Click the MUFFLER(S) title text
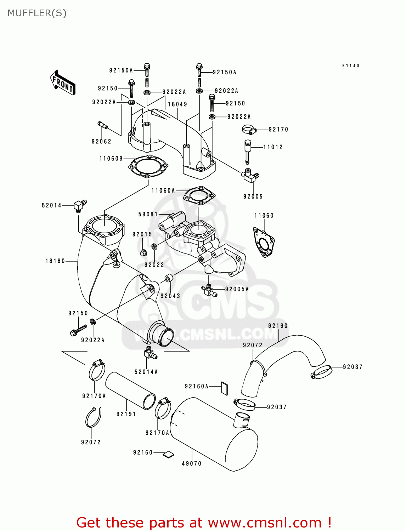pyautogui.click(x=37, y=13)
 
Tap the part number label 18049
pyautogui.click(x=177, y=104)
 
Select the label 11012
pyautogui.click(x=273, y=147)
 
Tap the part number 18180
pyautogui.click(x=55, y=261)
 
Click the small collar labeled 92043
pyautogui.click(x=169, y=278)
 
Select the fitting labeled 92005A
pyautogui.click(x=209, y=290)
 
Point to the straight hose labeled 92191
pyautogui.click(x=130, y=390)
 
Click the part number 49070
pyautogui.click(x=192, y=464)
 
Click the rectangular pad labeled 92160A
pyautogui.click(x=225, y=388)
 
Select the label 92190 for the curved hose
pyautogui.click(x=278, y=326)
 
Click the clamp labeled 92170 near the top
pyautogui.click(x=249, y=130)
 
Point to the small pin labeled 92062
pyautogui.click(x=102, y=125)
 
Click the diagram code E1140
pyautogui.click(x=351, y=66)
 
